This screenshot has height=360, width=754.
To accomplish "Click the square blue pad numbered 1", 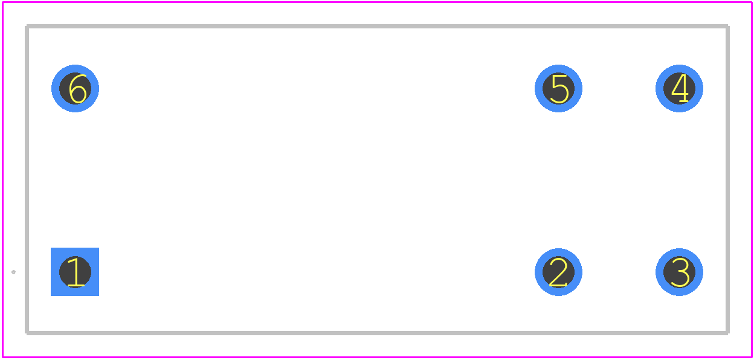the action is [x=75, y=272].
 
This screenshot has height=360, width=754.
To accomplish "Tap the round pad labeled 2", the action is [x=558, y=272].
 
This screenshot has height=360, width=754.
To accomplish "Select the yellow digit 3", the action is [x=680, y=272].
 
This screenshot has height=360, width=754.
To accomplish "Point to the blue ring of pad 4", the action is [x=679, y=69].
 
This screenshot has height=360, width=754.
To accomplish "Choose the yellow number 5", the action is [x=559, y=88].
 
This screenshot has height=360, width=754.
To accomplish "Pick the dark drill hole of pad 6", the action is [x=75, y=88].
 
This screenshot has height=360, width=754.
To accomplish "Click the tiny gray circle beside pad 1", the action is [x=13, y=272].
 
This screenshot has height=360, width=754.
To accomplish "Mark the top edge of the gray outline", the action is [x=378, y=26].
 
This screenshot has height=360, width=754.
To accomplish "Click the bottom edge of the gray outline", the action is [x=378, y=333].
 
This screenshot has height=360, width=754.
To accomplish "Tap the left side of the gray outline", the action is [x=27, y=179].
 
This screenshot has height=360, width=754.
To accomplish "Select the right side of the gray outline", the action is [x=728, y=179].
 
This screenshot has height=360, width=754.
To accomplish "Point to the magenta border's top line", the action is [x=378, y=2].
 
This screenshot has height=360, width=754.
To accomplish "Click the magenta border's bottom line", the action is [x=378, y=358].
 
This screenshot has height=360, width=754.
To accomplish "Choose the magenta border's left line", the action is [x=3, y=179].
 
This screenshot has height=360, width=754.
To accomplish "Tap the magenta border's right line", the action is [x=752, y=179].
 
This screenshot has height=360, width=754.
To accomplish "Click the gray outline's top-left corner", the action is [x=27, y=26].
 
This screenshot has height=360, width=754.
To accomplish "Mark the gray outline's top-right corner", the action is [x=728, y=26].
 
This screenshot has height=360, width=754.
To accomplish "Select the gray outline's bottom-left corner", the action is [x=27, y=333].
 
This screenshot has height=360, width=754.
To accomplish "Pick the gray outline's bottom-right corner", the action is [x=728, y=333].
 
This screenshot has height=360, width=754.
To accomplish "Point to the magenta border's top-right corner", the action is [x=752, y=2].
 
